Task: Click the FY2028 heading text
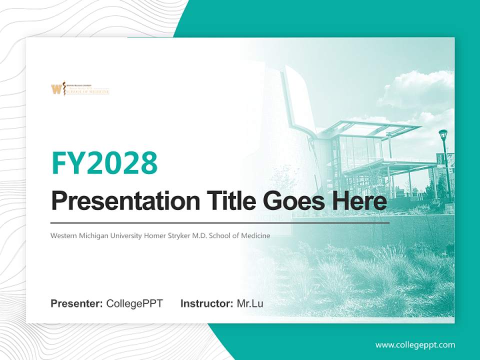point(104,163)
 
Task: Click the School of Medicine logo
point(80,89)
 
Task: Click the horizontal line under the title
point(220,222)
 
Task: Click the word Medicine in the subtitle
point(255,235)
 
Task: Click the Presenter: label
point(77,303)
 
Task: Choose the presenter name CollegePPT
point(134,303)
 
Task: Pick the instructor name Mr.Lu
point(250,303)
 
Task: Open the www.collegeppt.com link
point(415,344)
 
